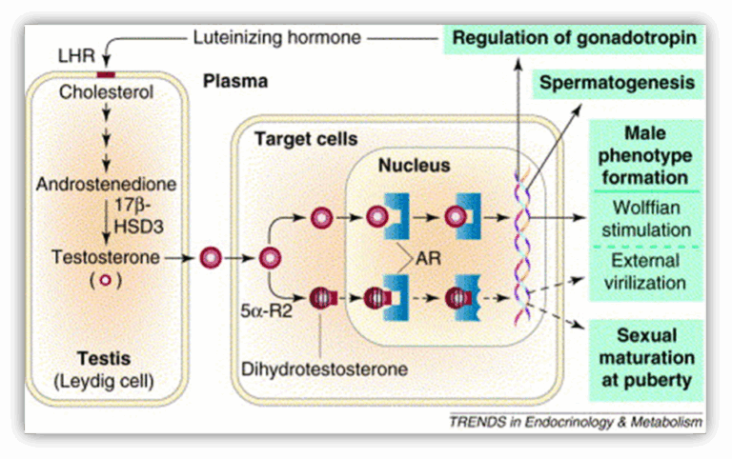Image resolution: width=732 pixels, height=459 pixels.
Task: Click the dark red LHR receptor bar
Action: pyautogui.click(x=106, y=74)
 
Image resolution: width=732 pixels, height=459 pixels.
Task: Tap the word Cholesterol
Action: pyautogui.click(x=105, y=93)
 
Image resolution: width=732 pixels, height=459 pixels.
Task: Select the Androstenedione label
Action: pyautogui.click(x=105, y=182)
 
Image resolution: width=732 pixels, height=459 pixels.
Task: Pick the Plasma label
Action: pyautogui.click(x=235, y=82)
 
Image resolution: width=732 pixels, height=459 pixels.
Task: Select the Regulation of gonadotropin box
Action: pyautogui.click(x=574, y=39)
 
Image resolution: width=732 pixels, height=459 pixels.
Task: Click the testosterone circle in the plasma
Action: pyautogui.click(x=212, y=256)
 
